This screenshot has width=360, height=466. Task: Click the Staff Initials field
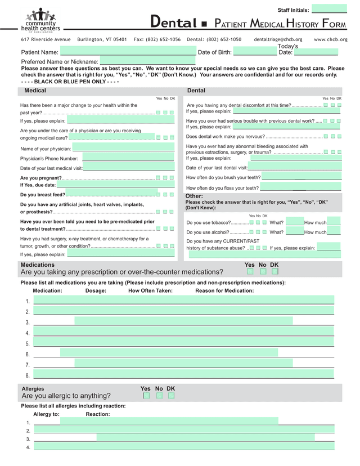329,10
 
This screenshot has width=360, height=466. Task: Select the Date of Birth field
255,52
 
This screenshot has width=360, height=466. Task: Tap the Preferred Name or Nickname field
147,61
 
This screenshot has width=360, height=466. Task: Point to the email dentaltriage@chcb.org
278,39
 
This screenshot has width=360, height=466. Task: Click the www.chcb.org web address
330,39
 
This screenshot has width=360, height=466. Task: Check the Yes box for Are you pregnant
159,178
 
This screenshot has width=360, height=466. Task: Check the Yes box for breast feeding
159,195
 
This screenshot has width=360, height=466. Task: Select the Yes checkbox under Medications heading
250,271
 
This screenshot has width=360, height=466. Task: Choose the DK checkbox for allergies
171,396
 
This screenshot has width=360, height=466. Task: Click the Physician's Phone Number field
128,158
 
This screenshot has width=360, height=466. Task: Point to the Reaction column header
98,414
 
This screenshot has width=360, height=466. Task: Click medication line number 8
183,374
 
